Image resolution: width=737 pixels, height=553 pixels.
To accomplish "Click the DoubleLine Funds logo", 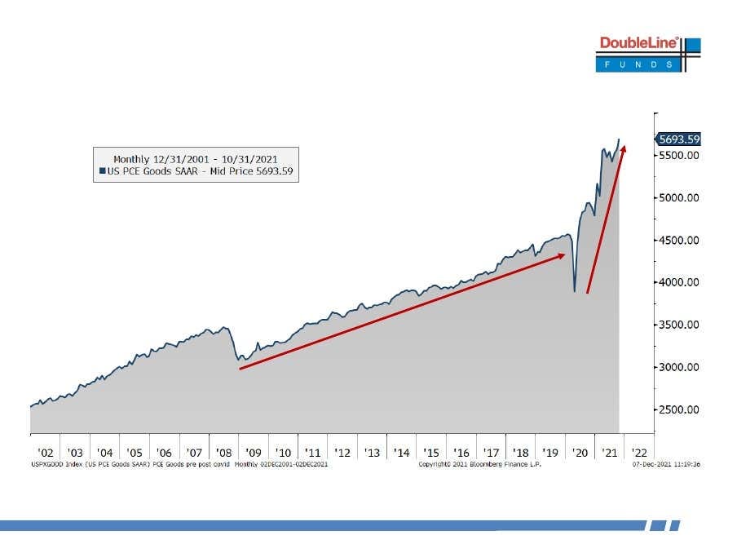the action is [648, 54].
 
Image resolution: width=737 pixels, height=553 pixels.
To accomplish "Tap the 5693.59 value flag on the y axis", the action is [677, 139].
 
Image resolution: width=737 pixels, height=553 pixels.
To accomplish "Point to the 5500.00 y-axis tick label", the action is [679, 156].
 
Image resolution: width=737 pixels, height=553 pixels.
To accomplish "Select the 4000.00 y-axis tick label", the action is [679, 282].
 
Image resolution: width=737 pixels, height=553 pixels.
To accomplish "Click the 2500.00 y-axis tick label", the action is [679, 409].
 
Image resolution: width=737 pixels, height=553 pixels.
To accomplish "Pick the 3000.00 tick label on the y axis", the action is [679, 367].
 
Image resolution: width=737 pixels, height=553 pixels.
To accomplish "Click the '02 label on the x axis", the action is [46, 453].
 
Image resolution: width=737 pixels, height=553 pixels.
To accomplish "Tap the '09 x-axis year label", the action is [254, 453].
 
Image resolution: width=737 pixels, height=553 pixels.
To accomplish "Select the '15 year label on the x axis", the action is [431, 453].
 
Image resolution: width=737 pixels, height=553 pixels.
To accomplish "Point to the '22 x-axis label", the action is [639, 453].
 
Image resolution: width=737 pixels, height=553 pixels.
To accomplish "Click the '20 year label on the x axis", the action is [580, 453].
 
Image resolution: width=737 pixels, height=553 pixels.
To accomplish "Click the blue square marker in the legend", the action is [102, 170].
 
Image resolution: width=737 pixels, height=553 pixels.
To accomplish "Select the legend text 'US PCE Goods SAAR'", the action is [152, 171].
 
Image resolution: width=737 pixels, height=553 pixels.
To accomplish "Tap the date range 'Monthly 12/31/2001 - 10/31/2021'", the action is [196, 159].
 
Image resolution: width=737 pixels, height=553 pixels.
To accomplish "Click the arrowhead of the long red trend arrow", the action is [561, 256].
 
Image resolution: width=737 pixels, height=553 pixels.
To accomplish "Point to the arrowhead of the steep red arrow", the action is [623, 149].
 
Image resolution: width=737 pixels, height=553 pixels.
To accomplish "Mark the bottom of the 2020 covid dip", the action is [575, 291].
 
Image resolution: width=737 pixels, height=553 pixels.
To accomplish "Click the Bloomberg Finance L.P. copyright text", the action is [479, 464].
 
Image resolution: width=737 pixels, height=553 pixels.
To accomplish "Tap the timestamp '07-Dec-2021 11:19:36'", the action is [666, 464].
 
